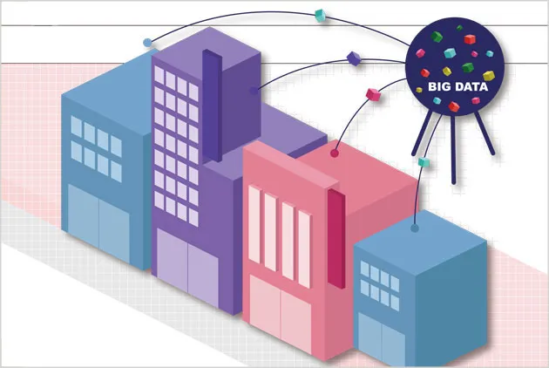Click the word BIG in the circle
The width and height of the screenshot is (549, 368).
pos(437,86)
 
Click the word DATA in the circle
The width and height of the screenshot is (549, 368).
pos(469,86)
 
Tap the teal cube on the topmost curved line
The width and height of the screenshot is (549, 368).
pos(321,16)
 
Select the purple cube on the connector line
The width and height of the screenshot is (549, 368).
pos(354,58)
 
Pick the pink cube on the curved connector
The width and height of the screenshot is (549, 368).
pos(373,95)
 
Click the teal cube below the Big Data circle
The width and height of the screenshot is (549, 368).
pos(424,161)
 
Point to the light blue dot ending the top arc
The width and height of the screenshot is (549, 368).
pos(147,43)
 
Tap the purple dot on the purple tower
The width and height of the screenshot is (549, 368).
pos(254,91)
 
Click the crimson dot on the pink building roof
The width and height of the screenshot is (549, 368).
pos(335,153)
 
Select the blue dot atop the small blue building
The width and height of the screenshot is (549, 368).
pos(415,228)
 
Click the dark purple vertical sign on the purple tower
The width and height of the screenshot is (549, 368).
pos(212,106)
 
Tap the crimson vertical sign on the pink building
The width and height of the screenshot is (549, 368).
pos(336,238)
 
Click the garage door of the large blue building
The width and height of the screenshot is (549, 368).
pos(98,223)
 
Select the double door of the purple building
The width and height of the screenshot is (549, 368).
pos(187,267)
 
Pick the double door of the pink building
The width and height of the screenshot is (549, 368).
pos(280,314)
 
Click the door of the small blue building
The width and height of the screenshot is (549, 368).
pos(382,339)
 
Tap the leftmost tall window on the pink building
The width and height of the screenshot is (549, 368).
pos(254,224)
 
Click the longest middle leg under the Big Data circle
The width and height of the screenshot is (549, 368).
pos(453,150)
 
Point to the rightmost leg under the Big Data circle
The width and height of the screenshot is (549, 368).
pos(485,133)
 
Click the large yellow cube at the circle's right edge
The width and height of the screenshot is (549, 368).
pos(488,75)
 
